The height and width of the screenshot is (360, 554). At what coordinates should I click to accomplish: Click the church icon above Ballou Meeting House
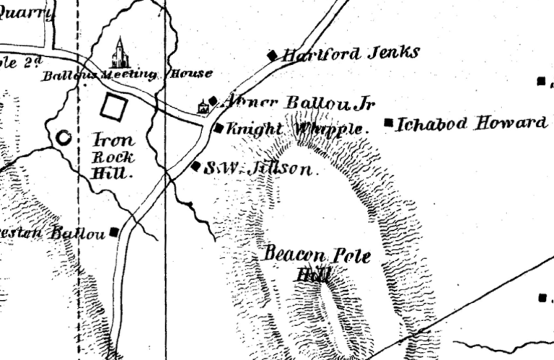tap(119, 53)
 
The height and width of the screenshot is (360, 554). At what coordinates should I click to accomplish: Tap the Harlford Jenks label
tap(349, 53)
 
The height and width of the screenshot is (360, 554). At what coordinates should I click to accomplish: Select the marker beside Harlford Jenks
tap(273, 55)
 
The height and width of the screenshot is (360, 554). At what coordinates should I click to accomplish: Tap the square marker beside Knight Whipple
tap(219, 129)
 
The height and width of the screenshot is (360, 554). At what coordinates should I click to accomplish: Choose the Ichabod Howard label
tap(472, 123)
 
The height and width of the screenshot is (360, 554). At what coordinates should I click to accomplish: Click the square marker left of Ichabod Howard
tap(390, 123)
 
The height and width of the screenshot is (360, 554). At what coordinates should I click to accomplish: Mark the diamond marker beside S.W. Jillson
tap(195, 166)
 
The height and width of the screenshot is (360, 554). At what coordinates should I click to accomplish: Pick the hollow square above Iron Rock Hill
tap(113, 107)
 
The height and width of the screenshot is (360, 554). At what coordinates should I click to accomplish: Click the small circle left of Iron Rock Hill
tap(63, 137)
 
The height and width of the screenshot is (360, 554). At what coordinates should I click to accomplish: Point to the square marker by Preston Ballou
tap(114, 232)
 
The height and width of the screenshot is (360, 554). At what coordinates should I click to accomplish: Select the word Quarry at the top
tap(27, 12)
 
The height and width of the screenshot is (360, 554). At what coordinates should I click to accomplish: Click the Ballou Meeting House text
tap(127, 74)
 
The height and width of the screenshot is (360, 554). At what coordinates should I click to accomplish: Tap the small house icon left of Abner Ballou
tap(203, 107)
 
